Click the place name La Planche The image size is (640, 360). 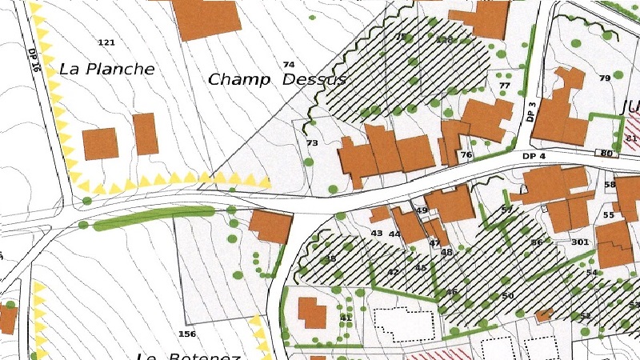[x=107, y=70]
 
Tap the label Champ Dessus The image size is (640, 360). [x=277, y=80]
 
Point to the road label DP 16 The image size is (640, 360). [x=34, y=59]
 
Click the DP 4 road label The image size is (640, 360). [x=534, y=155]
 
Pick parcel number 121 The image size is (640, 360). [x=106, y=42]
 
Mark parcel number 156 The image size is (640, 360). [x=187, y=334]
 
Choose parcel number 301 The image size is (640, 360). [x=580, y=242]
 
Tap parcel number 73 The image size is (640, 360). [x=312, y=143]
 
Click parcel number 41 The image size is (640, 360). [x=346, y=318]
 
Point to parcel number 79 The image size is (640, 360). [x=604, y=78]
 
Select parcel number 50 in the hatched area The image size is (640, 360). [x=507, y=296]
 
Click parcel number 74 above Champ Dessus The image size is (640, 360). [x=289, y=64]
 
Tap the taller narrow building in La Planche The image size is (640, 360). [x=146, y=134]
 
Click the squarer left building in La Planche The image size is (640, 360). [x=100, y=144]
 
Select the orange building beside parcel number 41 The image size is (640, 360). [x=312, y=313]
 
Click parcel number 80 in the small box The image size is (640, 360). [x=606, y=153]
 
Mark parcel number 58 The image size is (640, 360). [x=610, y=185]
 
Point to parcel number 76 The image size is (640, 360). [x=466, y=154]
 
